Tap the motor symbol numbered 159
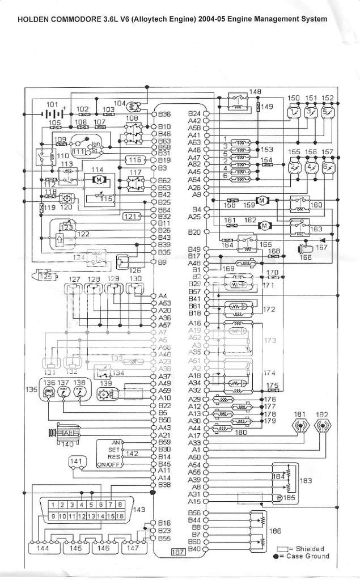pos(262,200)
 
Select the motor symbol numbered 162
pos(264,226)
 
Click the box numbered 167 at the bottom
pos(179,551)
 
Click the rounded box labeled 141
pos(78,463)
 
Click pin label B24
pos(194,113)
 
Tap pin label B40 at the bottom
pos(194,548)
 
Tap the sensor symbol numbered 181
pos(299,425)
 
